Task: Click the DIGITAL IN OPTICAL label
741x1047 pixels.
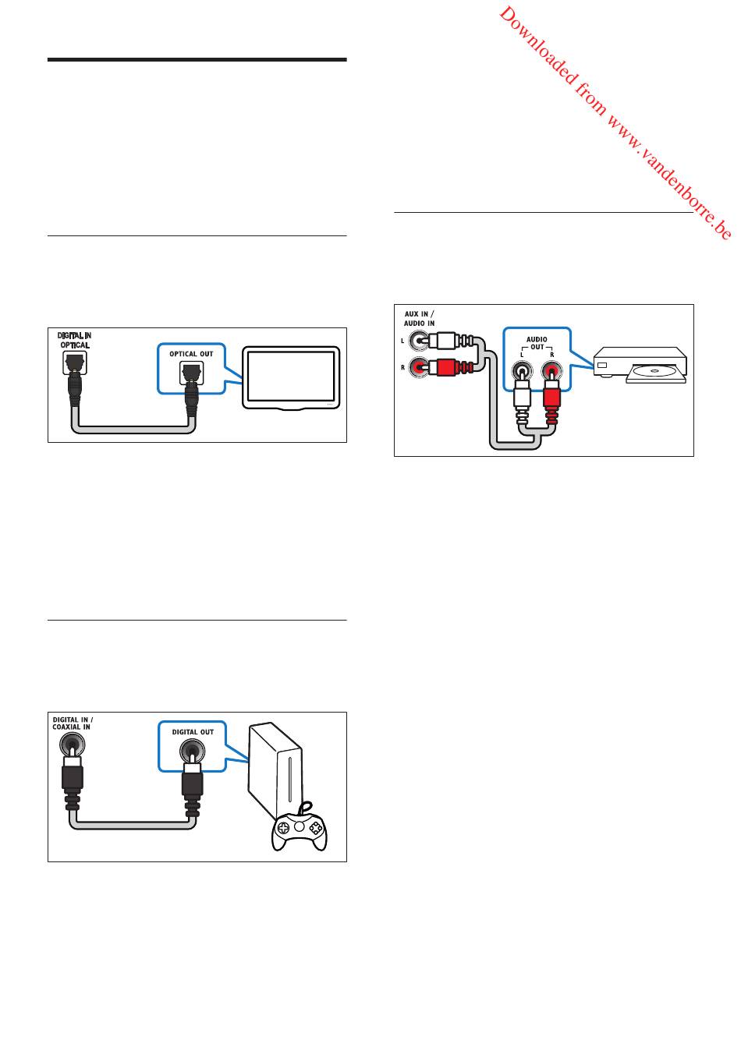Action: click(74, 340)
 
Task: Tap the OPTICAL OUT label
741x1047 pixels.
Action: click(191, 354)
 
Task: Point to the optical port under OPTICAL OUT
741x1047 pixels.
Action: click(192, 373)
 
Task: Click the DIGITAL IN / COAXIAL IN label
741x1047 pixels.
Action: click(73, 723)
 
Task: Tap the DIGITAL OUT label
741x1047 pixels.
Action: click(193, 731)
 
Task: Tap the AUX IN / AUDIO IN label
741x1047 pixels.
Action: click(420, 318)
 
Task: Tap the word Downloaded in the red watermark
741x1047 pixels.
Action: click(537, 46)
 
